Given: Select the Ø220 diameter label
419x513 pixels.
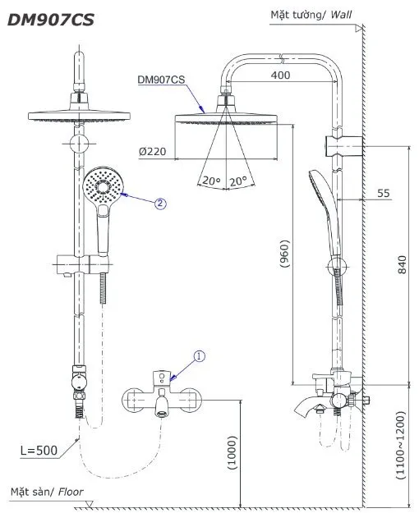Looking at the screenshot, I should click(154, 152).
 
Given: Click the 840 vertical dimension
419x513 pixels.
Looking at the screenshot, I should click(402, 266).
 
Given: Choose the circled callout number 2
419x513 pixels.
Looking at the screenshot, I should click(160, 203).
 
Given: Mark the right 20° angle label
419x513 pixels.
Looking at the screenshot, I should click(240, 181).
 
